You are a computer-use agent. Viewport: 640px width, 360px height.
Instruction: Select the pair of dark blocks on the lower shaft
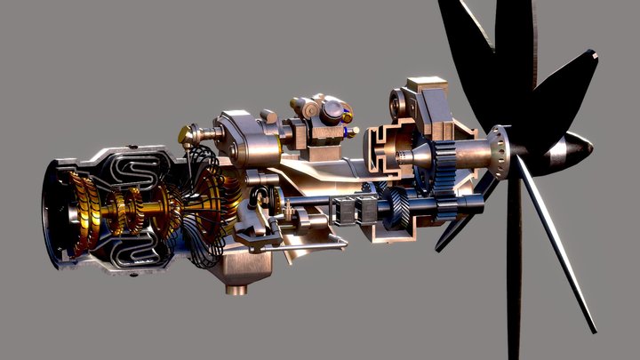(354, 211)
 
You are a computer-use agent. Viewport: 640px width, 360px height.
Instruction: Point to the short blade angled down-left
(462, 227)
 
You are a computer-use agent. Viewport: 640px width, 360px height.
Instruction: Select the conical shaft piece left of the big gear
(419, 158)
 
